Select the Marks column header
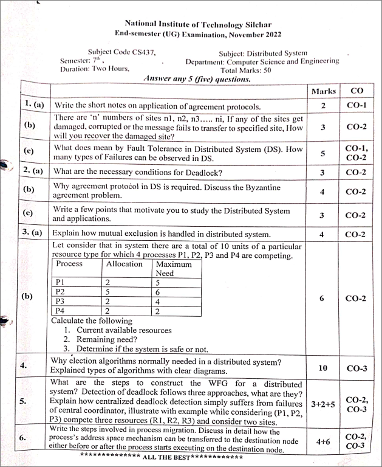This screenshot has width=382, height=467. coord(323,91)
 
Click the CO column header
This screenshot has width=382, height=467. coord(357,91)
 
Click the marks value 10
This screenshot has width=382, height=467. coord(323,367)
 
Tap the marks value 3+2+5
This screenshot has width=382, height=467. coord(323,403)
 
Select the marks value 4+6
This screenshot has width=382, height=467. coord(323,443)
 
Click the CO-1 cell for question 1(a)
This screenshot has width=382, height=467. coord(357,106)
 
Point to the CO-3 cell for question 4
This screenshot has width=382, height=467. coord(357,368)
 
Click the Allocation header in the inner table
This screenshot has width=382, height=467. coord(124,264)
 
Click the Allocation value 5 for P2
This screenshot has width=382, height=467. coord(107,292)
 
